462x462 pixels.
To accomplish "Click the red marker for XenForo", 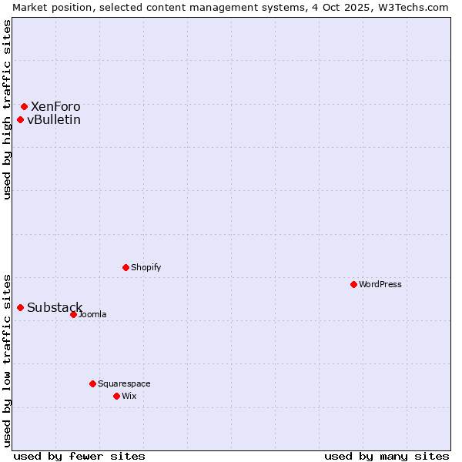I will point(24,106).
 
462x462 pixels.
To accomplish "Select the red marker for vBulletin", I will point(20,119).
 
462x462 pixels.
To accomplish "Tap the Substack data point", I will point(20,307).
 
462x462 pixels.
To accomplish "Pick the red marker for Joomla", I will point(73,314).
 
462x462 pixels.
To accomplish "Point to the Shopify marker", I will point(126,267).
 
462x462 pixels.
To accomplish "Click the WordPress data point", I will point(353,284).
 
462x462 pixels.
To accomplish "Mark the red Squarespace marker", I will point(92,383).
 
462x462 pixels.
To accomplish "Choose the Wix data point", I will point(116,396).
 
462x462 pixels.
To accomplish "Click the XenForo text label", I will point(55,106).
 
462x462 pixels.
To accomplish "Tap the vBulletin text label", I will point(54,119).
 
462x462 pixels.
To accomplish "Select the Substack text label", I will point(55,308).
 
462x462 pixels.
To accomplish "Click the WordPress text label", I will point(380,284).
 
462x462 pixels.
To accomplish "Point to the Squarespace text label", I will point(124,383).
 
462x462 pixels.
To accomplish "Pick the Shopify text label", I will point(146,267).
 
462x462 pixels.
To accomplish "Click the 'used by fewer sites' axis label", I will point(79,456).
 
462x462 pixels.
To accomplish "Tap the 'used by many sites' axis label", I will point(387,456).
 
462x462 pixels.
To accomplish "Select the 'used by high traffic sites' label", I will point(8,109).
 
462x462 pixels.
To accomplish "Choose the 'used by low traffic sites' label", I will point(8,360).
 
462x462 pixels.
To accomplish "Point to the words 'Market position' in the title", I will point(49,7).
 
